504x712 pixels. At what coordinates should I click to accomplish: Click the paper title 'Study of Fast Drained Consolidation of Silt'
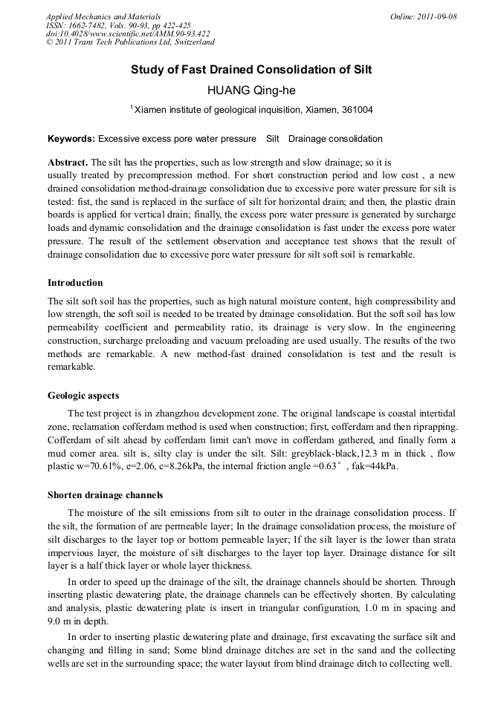point(251,70)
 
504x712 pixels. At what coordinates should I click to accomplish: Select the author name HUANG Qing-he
point(251,91)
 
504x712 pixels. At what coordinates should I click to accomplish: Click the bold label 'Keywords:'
point(71,139)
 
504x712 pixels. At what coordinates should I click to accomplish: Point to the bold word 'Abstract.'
point(68,162)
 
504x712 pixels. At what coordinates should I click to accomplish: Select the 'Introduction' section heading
point(75,283)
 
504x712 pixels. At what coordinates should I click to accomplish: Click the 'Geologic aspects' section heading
point(83,395)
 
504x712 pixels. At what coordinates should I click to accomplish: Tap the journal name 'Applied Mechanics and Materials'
point(103,16)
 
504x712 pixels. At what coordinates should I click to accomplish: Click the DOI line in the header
point(128,33)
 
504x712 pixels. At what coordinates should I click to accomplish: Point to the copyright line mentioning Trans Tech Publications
point(130,42)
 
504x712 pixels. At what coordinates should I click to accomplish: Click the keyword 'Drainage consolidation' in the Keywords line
point(335,139)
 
